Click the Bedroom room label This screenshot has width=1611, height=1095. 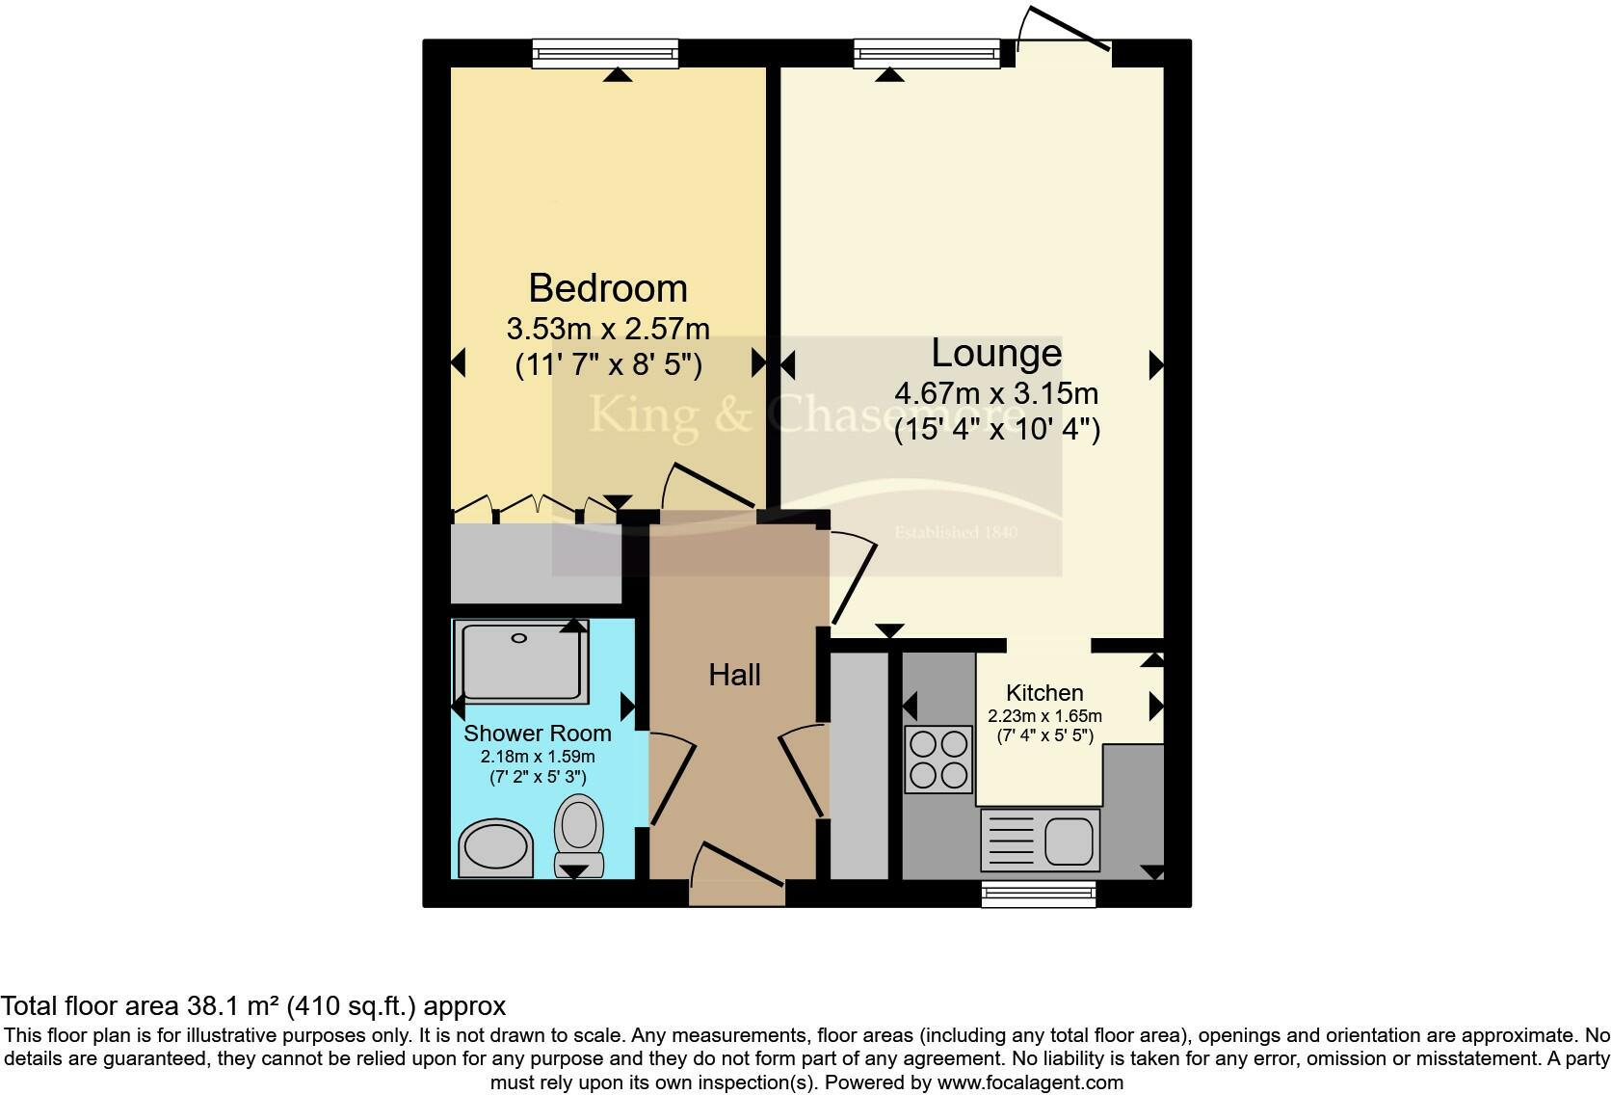[608, 288]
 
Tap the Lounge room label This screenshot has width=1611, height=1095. [996, 353]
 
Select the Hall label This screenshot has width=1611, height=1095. [734, 675]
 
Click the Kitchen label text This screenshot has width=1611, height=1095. [1044, 692]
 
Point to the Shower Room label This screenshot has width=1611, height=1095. [537, 734]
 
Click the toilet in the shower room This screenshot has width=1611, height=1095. [578, 835]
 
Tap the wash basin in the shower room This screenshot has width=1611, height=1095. [495, 849]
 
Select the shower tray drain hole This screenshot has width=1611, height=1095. [519, 638]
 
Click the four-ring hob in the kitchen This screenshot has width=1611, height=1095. [938, 759]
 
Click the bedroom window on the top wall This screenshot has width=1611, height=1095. [606, 54]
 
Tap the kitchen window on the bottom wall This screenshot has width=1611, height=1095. [1039, 895]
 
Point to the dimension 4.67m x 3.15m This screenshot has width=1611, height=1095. [996, 393]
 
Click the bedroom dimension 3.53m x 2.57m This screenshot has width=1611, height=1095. [608, 329]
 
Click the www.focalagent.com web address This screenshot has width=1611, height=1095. [1029, 1082]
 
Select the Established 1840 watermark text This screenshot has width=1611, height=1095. [955, 532]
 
